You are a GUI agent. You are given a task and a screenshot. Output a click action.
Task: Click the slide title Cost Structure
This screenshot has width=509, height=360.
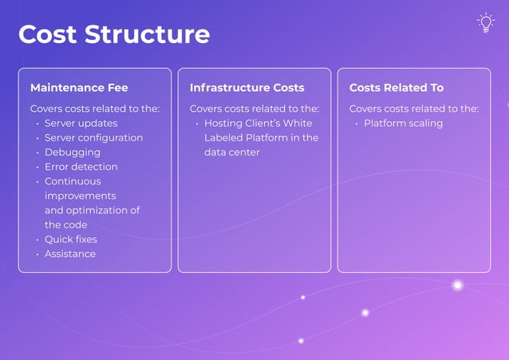point(114,34)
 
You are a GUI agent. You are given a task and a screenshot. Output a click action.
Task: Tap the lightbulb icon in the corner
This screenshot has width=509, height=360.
point(485,23)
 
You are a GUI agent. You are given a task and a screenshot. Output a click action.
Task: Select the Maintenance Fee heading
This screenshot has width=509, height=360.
point(79,88)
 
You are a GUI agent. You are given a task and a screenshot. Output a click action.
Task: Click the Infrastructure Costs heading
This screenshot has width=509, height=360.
point(247,88)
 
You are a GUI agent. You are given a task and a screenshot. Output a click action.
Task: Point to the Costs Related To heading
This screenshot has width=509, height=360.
point(397,88)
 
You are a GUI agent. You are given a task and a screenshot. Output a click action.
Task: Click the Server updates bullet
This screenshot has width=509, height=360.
point(81,124)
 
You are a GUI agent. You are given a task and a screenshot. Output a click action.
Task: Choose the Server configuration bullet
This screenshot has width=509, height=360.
point(93,138)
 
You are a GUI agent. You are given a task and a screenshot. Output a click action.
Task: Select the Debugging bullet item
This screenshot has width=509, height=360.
point(72,152)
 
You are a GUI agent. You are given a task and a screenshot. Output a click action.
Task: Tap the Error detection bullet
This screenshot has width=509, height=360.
point(81,167)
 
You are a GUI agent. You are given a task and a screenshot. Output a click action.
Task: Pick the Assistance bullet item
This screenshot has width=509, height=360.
point(69,254)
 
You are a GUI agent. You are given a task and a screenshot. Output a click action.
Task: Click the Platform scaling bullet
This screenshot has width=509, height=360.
point(403,124)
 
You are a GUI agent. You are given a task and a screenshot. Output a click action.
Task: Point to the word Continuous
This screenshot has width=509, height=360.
point(73,181)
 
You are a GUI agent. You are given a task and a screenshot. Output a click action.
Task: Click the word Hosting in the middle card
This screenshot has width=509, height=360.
point(223,124)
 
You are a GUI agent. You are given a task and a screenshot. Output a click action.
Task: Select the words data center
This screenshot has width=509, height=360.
point(231,152)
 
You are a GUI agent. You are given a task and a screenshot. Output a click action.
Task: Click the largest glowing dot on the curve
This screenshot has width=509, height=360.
point(458,285)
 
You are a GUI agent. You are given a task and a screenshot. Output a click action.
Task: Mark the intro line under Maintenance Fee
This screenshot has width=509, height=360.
point(95,109)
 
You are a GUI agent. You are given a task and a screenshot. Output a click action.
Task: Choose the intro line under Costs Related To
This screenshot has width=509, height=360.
point(414,109)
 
